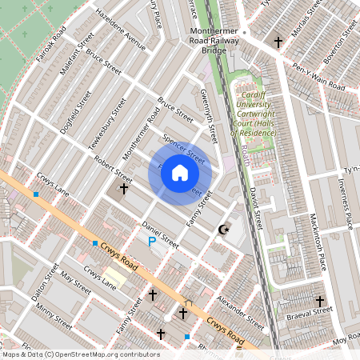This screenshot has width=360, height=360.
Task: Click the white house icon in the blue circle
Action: [180, 173]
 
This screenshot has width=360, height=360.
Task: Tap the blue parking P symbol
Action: [151, 241]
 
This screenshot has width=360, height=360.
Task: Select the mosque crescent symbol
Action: [223, 230]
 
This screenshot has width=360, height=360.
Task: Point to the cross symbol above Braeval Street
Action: [320, 302]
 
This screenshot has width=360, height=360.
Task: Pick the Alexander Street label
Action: [239, 314]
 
